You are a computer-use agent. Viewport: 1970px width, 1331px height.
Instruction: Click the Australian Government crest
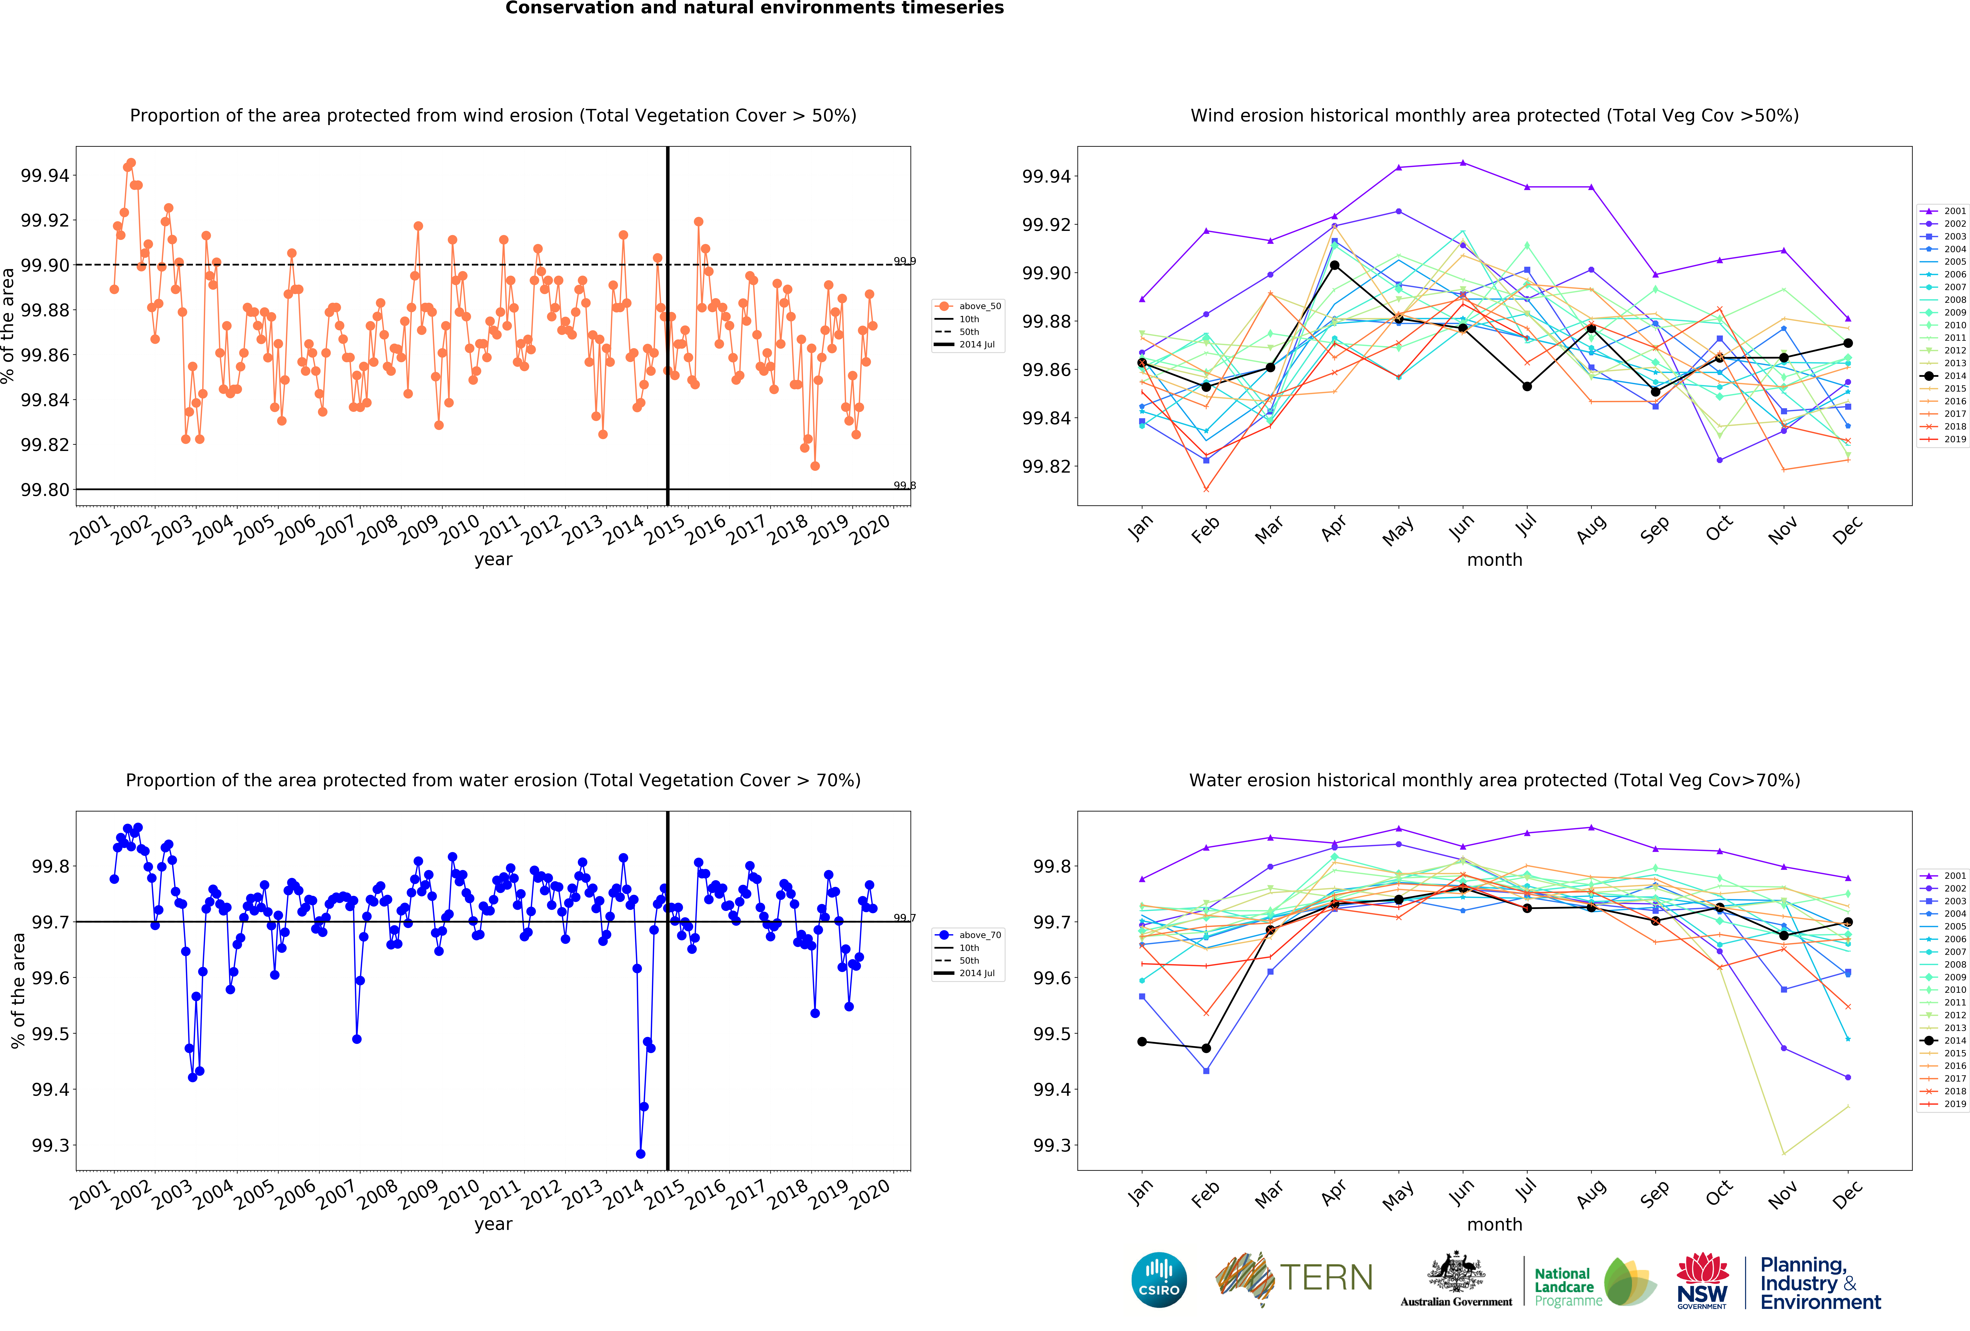[x=1455, y=1272]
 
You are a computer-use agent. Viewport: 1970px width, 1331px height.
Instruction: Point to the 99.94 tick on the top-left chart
[x=45, y=175]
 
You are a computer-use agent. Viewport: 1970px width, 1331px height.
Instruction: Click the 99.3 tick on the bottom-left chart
[x=51, y=1145]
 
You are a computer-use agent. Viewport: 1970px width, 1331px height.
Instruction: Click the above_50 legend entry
[x=967, y=306]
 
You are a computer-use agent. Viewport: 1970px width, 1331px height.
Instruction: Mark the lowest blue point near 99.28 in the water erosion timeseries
[x=640, y=1154]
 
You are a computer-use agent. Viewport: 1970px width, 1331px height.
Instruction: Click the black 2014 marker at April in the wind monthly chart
[x=1334, y=265]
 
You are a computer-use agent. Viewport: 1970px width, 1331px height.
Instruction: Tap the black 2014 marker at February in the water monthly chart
[x=1206, y=1049]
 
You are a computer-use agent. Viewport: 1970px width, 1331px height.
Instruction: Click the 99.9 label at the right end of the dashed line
[x=904, y=261]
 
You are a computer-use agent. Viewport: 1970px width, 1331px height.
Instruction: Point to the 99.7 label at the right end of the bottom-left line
[x=904, y=918]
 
